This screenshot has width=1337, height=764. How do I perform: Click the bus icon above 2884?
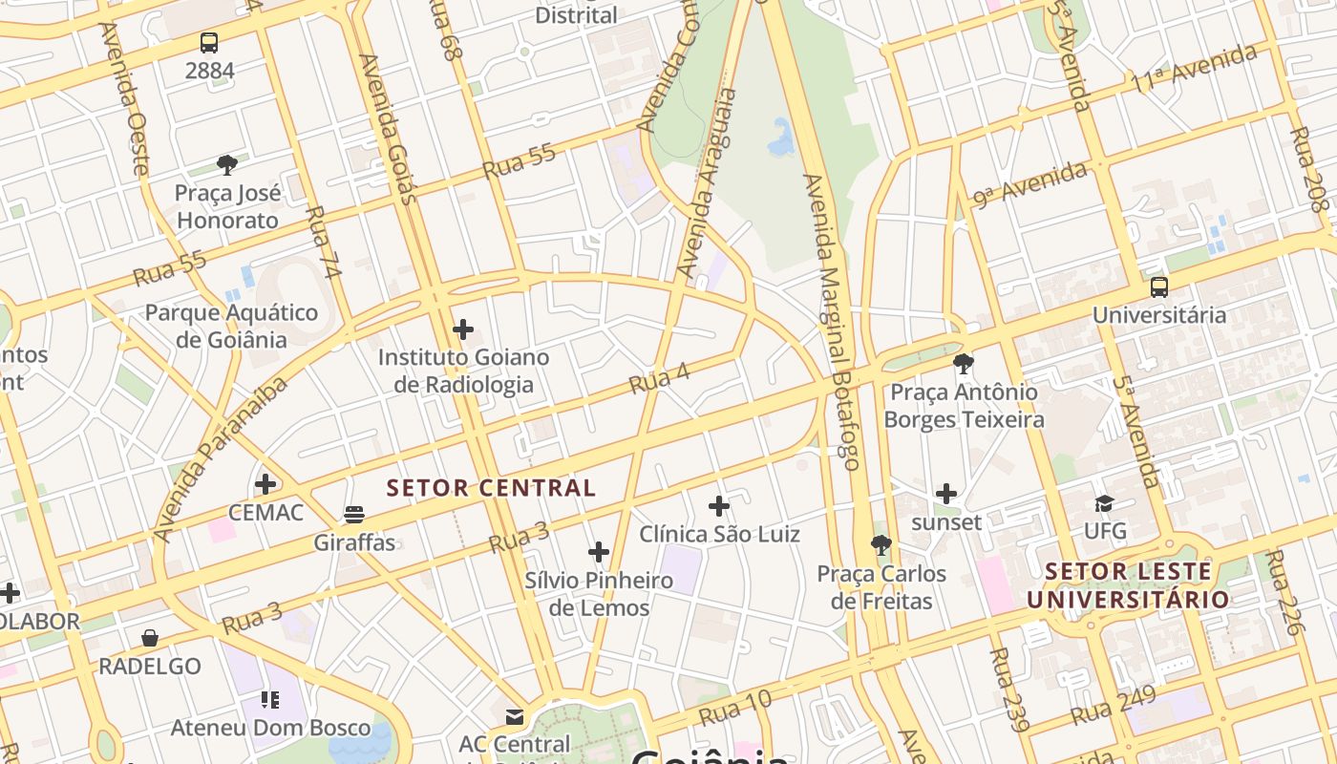[209, 43]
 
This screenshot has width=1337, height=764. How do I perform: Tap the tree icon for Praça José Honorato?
[227, 165]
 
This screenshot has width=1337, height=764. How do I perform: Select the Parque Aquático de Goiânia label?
[231, 326]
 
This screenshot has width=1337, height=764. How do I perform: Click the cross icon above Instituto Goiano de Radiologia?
[463, 330]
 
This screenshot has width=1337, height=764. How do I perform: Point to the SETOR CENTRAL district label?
[491, 488]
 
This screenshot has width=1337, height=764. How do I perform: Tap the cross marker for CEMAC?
[265, 485]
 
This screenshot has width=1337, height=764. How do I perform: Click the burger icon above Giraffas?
[354, 515]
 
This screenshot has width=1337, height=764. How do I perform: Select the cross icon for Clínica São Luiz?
[719, 506]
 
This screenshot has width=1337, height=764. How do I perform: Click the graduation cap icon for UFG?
[1105, 503]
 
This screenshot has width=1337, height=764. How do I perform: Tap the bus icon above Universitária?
[1159, 287]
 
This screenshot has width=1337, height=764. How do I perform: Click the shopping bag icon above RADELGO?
[150, 637]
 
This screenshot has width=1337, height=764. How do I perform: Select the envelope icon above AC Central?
[515, 716]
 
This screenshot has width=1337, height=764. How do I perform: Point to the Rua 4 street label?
[659, 377]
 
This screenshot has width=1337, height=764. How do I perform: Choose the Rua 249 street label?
[1114, 705]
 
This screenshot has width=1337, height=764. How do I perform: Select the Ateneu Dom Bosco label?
[270, 728]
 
